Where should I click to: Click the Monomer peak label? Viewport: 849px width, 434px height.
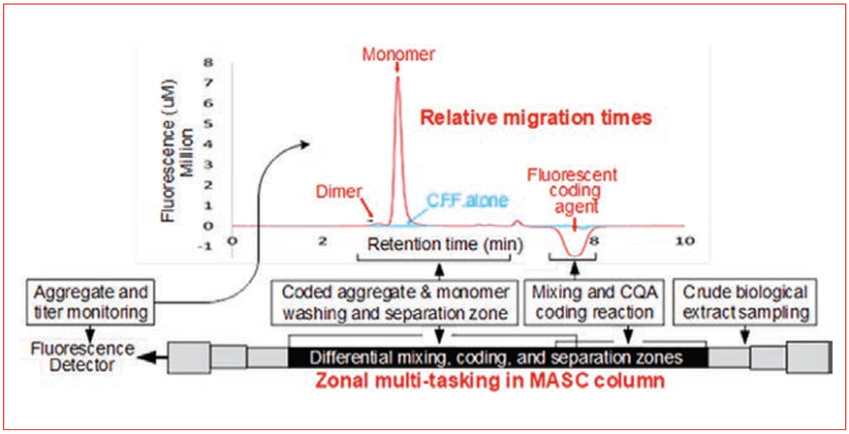coord(398,53)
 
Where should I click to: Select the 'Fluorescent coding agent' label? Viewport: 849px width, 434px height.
coord(574,190)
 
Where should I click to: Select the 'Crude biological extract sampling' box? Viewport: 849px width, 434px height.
coord(745,302)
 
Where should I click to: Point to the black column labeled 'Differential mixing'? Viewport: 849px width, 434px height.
coord(497,357)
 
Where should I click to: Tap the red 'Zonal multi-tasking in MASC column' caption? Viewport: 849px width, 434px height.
coord(490,382)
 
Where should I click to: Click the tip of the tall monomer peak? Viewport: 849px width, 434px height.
coord(398,77)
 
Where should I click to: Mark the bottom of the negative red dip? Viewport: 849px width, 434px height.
coord(574,255)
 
